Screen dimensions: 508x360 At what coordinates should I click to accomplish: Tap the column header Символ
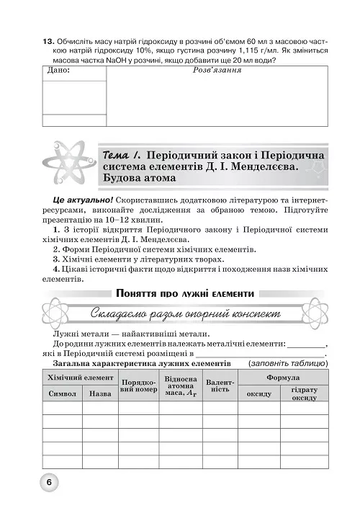click(62, 394)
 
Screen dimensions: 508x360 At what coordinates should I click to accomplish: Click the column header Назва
click(100, 394)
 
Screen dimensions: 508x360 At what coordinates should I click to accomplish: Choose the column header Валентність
click(220, 386)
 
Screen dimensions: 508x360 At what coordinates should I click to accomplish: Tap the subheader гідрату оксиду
click(309, 393)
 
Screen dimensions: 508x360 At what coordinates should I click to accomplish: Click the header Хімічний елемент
click(80, 378)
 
